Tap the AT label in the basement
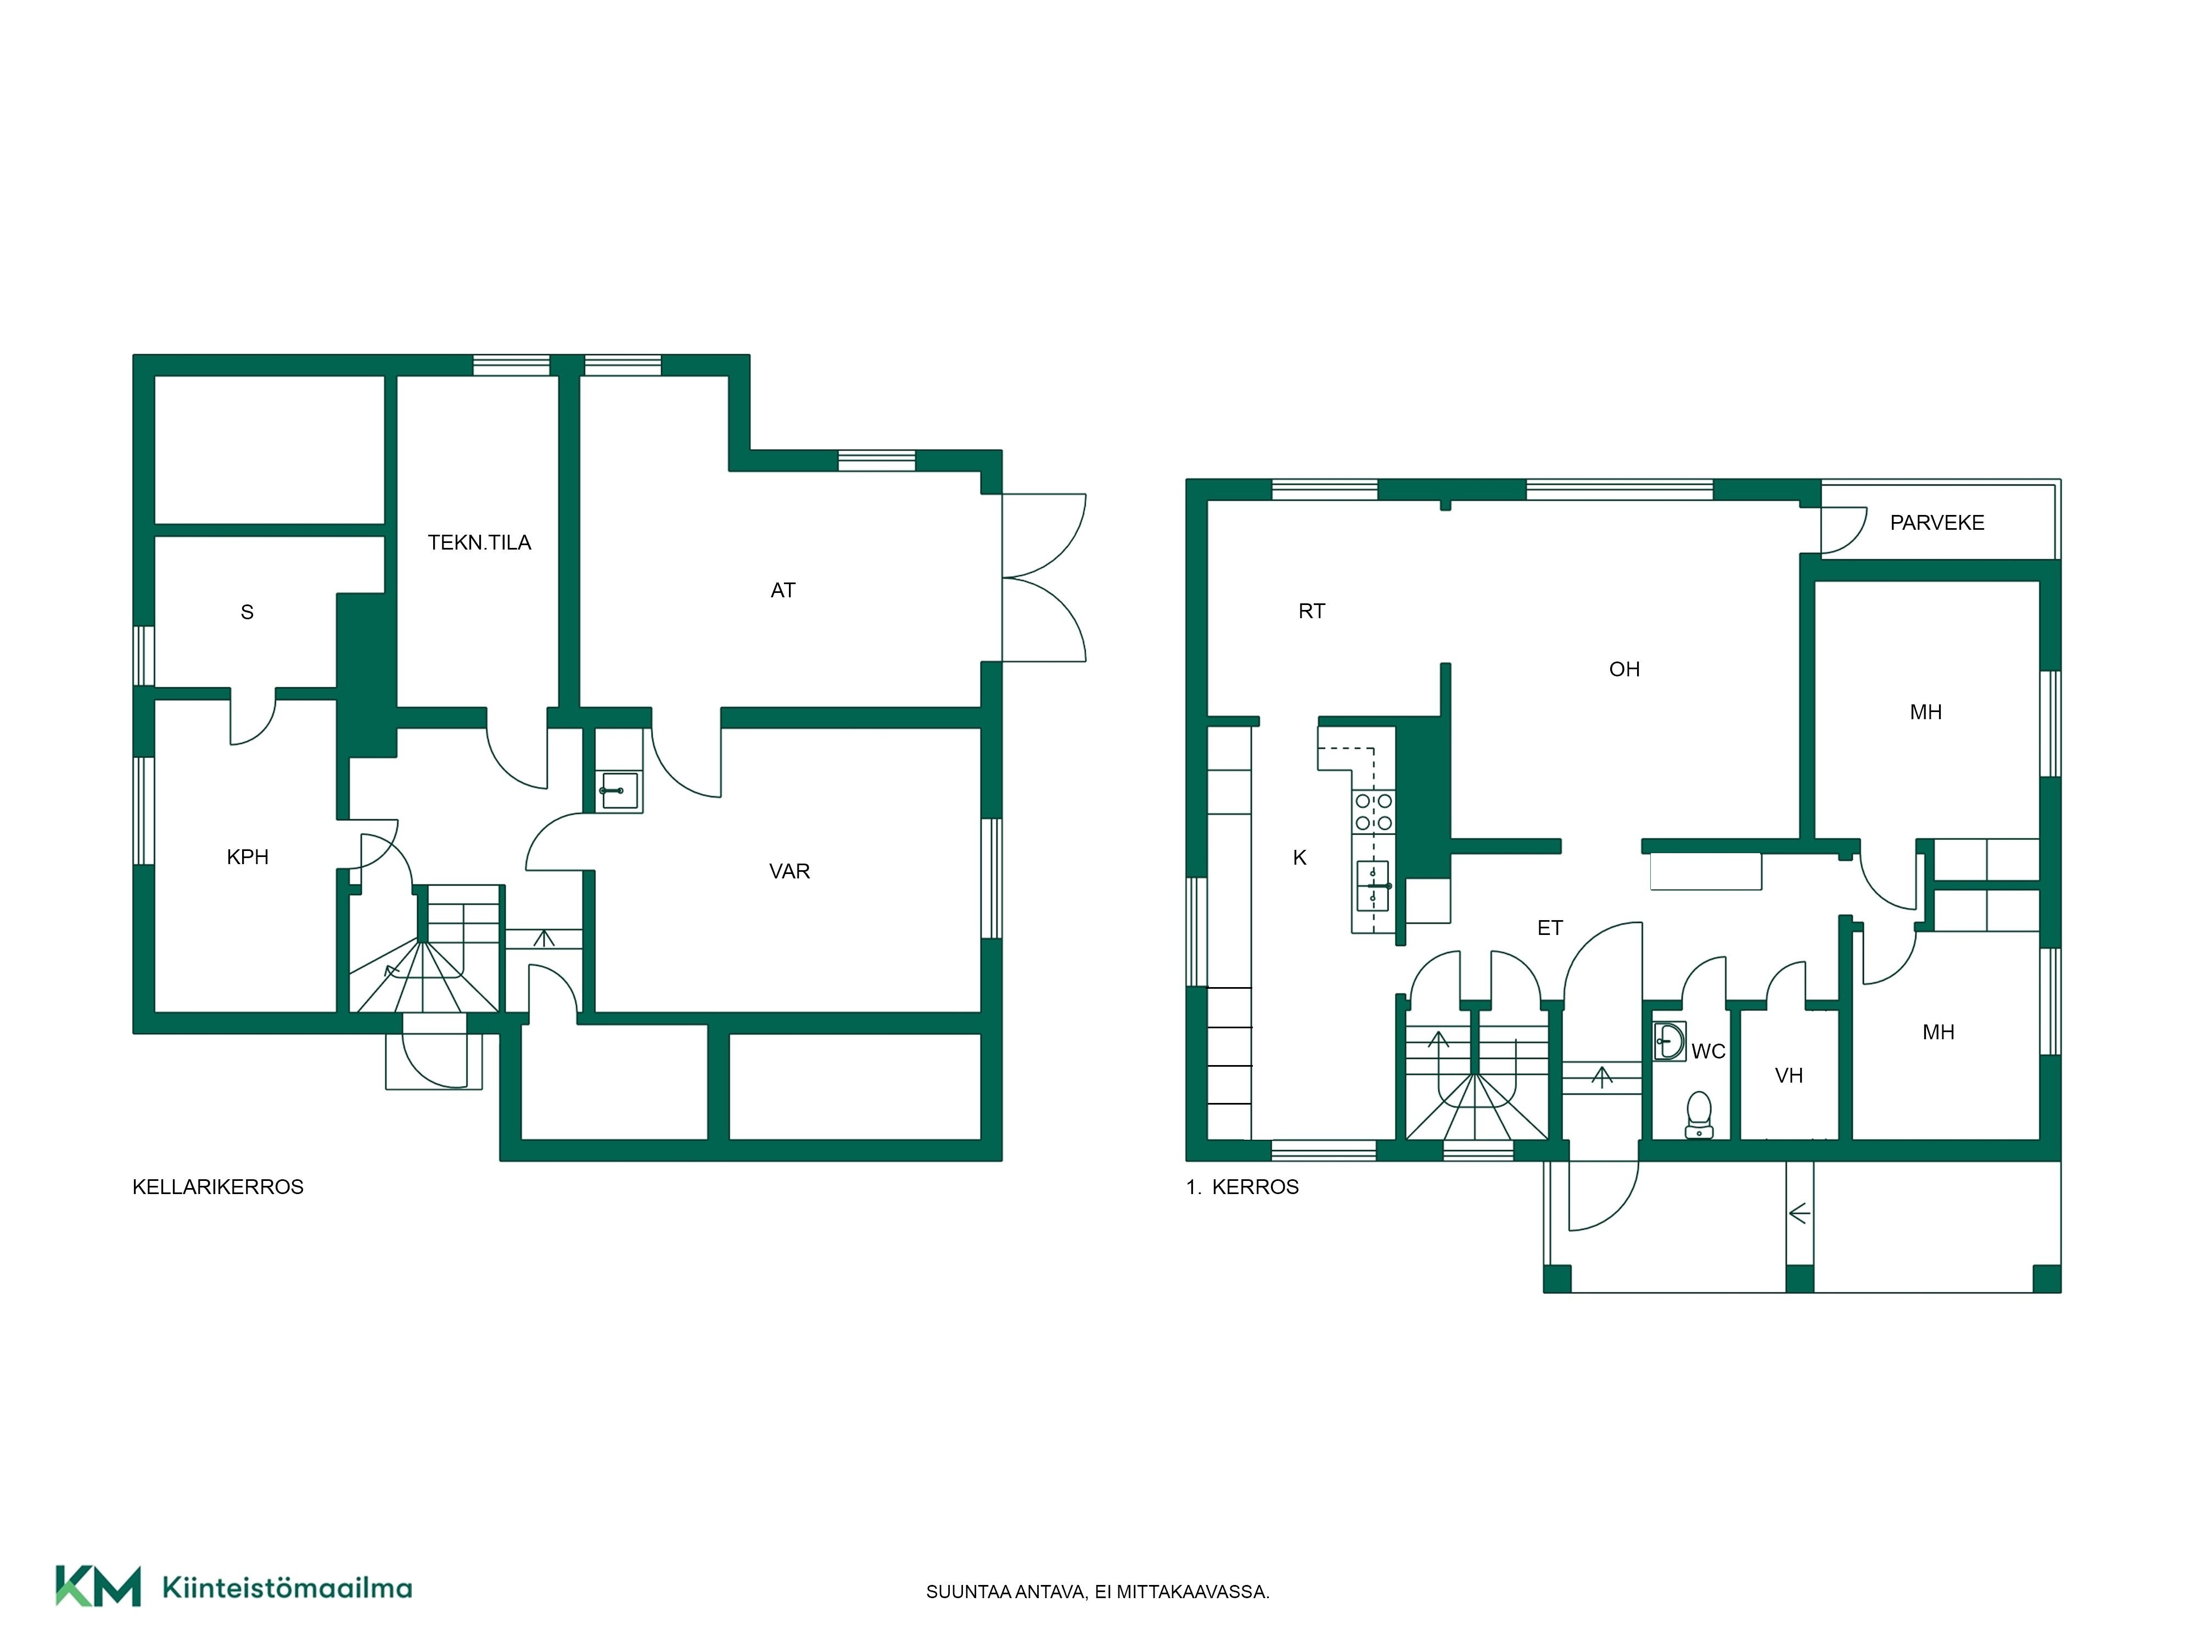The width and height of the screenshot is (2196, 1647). (783, 591)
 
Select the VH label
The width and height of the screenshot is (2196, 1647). (1789, 1075)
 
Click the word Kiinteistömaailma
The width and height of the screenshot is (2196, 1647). (287, 1588)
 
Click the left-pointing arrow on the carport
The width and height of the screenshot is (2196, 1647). (1799, 1213)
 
